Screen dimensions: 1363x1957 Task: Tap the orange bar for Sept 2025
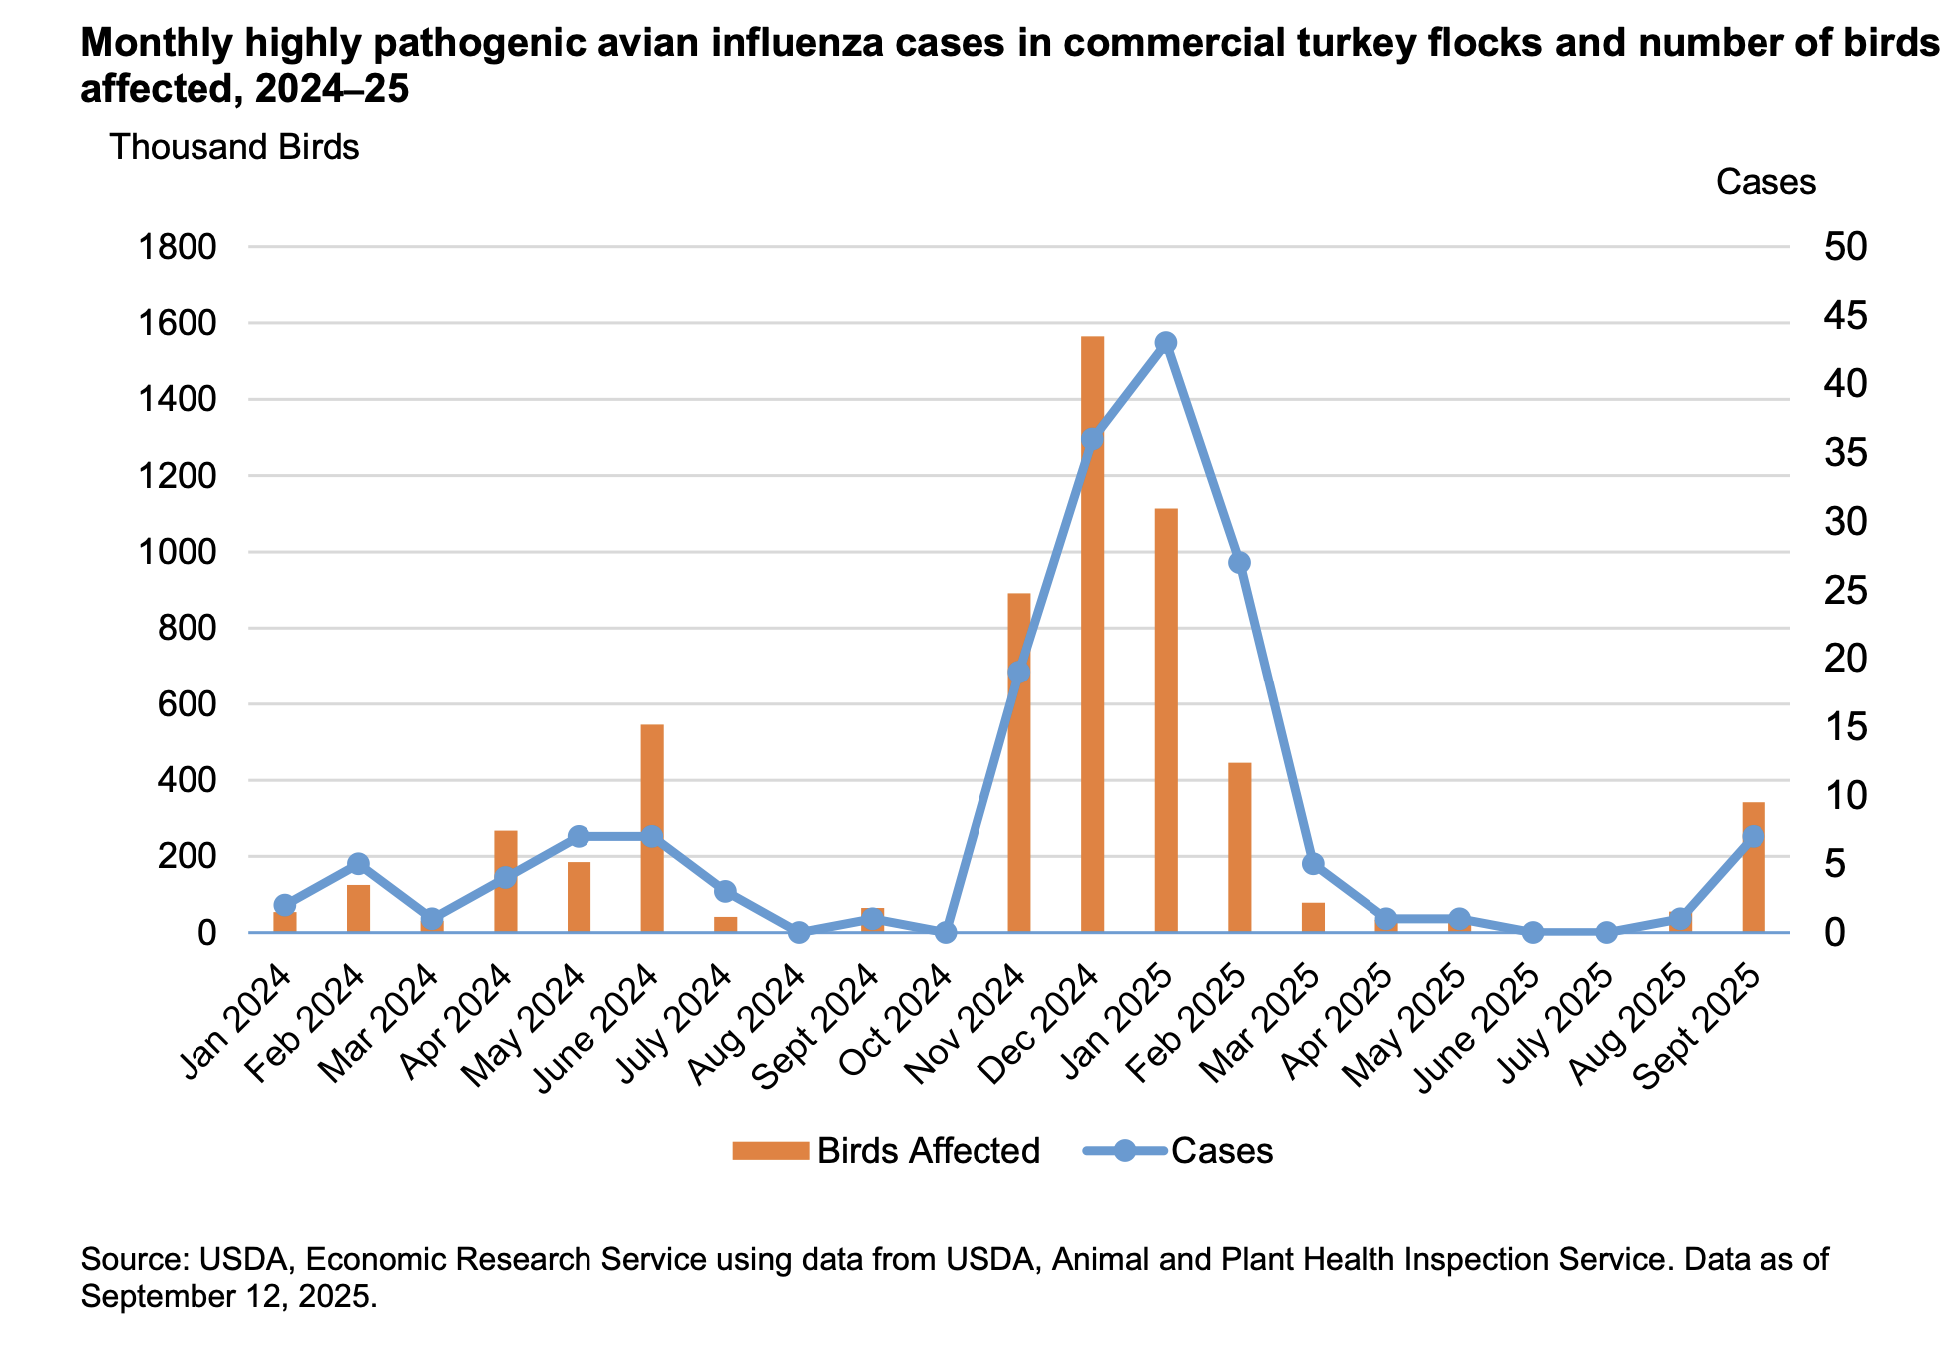1754,878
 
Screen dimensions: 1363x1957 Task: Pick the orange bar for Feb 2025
1239,848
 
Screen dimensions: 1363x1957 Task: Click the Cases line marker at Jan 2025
1166,343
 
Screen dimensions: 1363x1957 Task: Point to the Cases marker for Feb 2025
1239,563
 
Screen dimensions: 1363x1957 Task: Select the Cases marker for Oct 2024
946,933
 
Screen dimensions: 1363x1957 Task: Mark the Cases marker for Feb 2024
359,864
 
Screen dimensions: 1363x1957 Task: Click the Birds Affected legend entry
886,1151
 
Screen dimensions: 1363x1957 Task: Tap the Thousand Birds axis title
233,148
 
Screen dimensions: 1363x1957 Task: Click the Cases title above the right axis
1765,182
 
